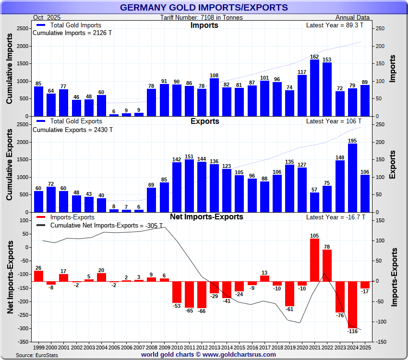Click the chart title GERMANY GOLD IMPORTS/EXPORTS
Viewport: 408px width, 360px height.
click(204, 8)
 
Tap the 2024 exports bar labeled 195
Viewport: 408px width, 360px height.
click(352, 178)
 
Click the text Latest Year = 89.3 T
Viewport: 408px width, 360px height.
click(335, 25)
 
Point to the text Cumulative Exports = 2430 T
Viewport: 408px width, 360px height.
click(72, 130)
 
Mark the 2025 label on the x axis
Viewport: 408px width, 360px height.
click(365, 347)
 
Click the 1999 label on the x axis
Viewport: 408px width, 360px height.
click(39, 347)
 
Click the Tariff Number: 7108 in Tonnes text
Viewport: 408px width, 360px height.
click(202, 18)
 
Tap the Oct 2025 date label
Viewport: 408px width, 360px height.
click(46, 18)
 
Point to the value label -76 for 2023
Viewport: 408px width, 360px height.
click(340, 315)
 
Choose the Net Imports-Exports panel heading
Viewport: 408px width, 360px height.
click(206, 217)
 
